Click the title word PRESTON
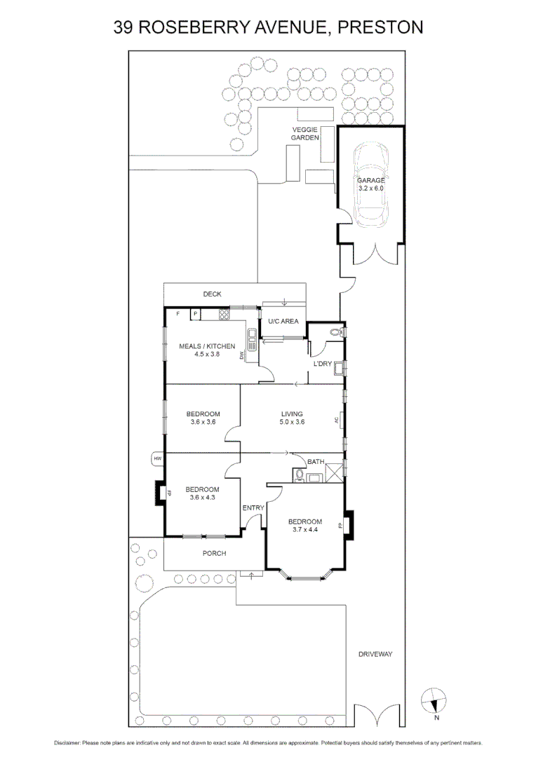click(380, 27)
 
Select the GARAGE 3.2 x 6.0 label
click(370, 184)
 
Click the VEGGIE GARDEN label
click(306, 134)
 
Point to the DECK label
click(213, 294)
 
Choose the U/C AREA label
click(283, 321)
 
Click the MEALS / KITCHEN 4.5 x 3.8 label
click(206, 350)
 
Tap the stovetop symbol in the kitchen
click(225, 315)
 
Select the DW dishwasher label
click(241, 357)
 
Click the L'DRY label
click(322, 364)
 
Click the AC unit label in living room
click(337, 421)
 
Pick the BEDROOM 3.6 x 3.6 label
click(203, 418)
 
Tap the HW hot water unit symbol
click(157, 459)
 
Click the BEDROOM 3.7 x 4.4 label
click(305, 526)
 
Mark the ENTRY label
click(252, 508)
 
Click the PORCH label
click(214, 554)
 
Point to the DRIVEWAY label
click(375, 654)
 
